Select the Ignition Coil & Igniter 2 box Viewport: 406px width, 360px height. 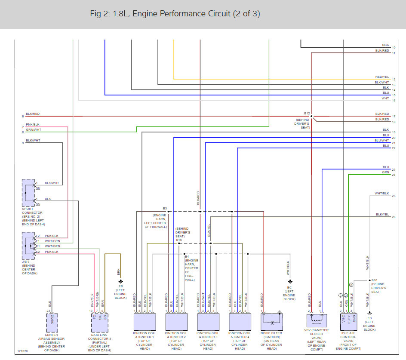click(176, 321)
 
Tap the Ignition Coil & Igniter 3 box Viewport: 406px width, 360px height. click(208, 321)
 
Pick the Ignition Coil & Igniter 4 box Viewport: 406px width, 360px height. click(240, 321)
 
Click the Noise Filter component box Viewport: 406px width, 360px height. click(272, 321)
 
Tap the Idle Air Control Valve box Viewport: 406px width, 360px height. click(348, 321)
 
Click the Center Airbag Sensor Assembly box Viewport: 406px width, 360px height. click(52, 321)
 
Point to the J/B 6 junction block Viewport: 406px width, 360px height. click(28, 244)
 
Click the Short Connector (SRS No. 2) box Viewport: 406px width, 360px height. click(28, 193)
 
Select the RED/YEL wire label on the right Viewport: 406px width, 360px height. click(381, 77)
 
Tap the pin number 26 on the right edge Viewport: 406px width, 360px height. click(394, 217)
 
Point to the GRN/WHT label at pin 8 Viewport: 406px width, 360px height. click(34, 129)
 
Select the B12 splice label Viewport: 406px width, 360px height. click(307, 114)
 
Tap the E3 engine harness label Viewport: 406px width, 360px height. click(164, 208)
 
